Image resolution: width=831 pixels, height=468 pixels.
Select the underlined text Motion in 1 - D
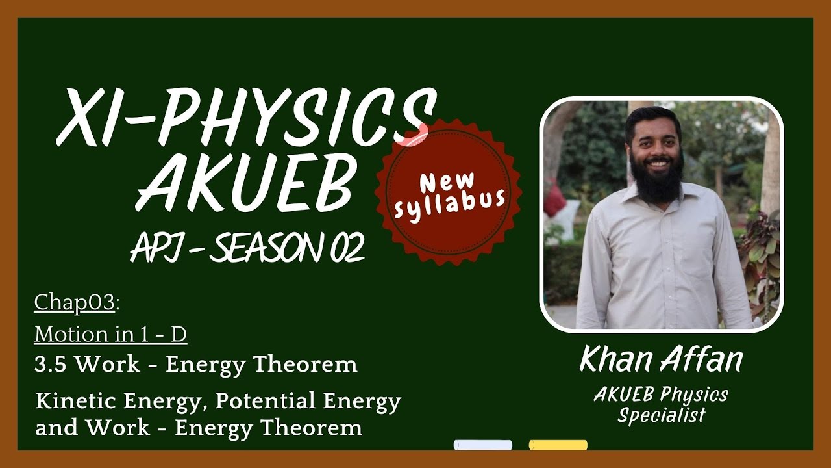click(110, 334)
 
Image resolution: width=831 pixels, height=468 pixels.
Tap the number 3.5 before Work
click(51, 365)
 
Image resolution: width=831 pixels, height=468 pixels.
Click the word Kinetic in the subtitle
click(73, 402)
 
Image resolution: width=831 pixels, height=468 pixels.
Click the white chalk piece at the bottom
click(482, 445)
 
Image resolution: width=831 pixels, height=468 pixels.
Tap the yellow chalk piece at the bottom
click(558, 445)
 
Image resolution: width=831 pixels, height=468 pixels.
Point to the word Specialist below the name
click(661, 415)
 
